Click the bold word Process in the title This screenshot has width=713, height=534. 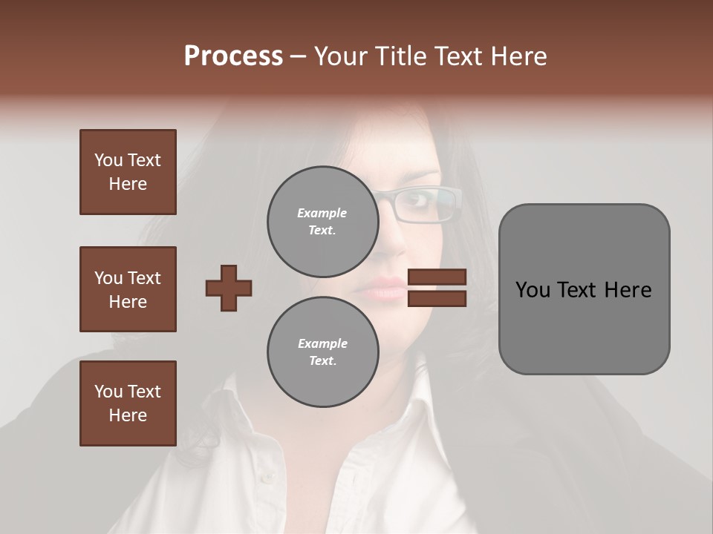[233, 56]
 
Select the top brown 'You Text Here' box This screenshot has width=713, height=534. [128, 172]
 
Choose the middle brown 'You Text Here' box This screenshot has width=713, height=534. [128, 289]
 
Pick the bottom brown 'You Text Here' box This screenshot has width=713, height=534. [128, 403]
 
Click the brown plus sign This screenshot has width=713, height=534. [228, 288]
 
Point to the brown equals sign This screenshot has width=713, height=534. [437, 288]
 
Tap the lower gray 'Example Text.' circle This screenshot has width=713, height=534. [322, 352]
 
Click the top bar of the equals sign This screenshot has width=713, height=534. [437, 277]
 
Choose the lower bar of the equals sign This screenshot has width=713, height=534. [437, 299]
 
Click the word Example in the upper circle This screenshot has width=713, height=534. [322, 213]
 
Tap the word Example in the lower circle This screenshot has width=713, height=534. [322, 343]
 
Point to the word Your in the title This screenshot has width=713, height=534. [338, 56]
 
